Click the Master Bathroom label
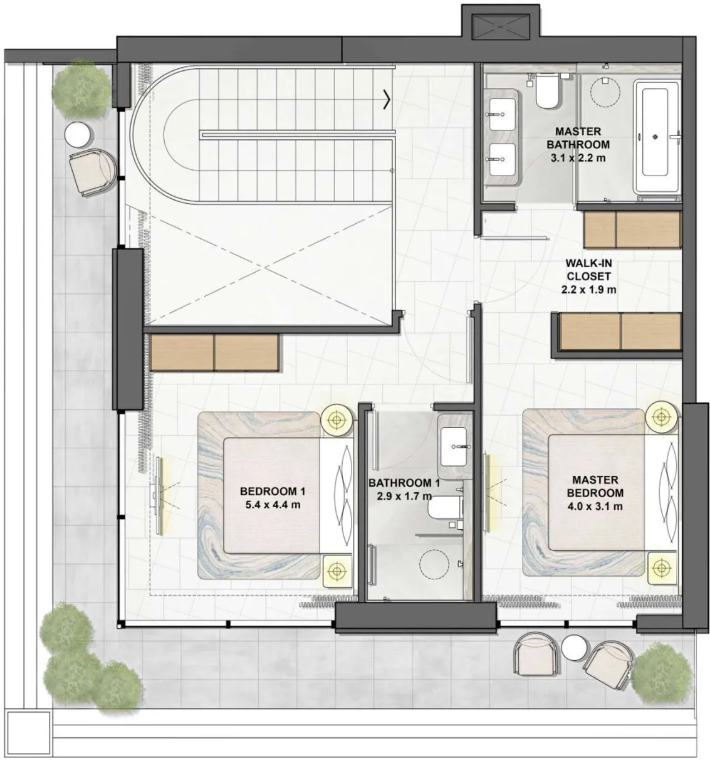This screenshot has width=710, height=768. pos(578,138)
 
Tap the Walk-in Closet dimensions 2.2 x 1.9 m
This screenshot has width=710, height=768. pos(588,289)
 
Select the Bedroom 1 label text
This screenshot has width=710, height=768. pos(273,491)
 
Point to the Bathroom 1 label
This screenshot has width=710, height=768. pos(404,483)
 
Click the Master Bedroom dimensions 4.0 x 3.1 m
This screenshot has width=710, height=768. pos(595,506)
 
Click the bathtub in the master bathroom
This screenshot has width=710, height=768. pos(656,137)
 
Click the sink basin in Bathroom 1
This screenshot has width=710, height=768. pos(454,446)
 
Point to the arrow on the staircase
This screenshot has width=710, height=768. pos(387,100)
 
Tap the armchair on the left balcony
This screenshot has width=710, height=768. pos(93,172)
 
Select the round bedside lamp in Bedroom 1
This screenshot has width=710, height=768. pos(337,419)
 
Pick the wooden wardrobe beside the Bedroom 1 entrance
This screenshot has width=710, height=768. pos(214,352)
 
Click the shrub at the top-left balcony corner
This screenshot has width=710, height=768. pos(82,87)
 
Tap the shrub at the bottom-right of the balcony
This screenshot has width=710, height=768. pos(662,673)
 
